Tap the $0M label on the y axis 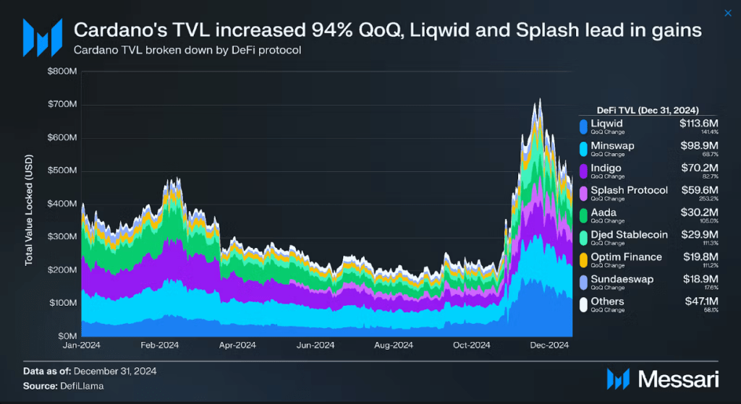pyautogui.click(x=67, y=336)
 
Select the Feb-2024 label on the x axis pyautogui.click(x=158, y=346)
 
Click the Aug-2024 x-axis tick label pyautogui.click(x=394, y=346)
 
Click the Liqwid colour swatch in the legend pyautogui.click(x=583, y=126)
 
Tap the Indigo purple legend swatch pyautogui.click(x=583, y=171)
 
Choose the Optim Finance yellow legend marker pyautogui.click(x=583, y=260)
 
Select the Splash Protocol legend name pyautogui.click(x=629, y=190)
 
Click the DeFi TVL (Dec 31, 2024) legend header pyautogui.click(x=647, y=110)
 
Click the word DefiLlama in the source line pyautogui.click(x=83, y=385)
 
